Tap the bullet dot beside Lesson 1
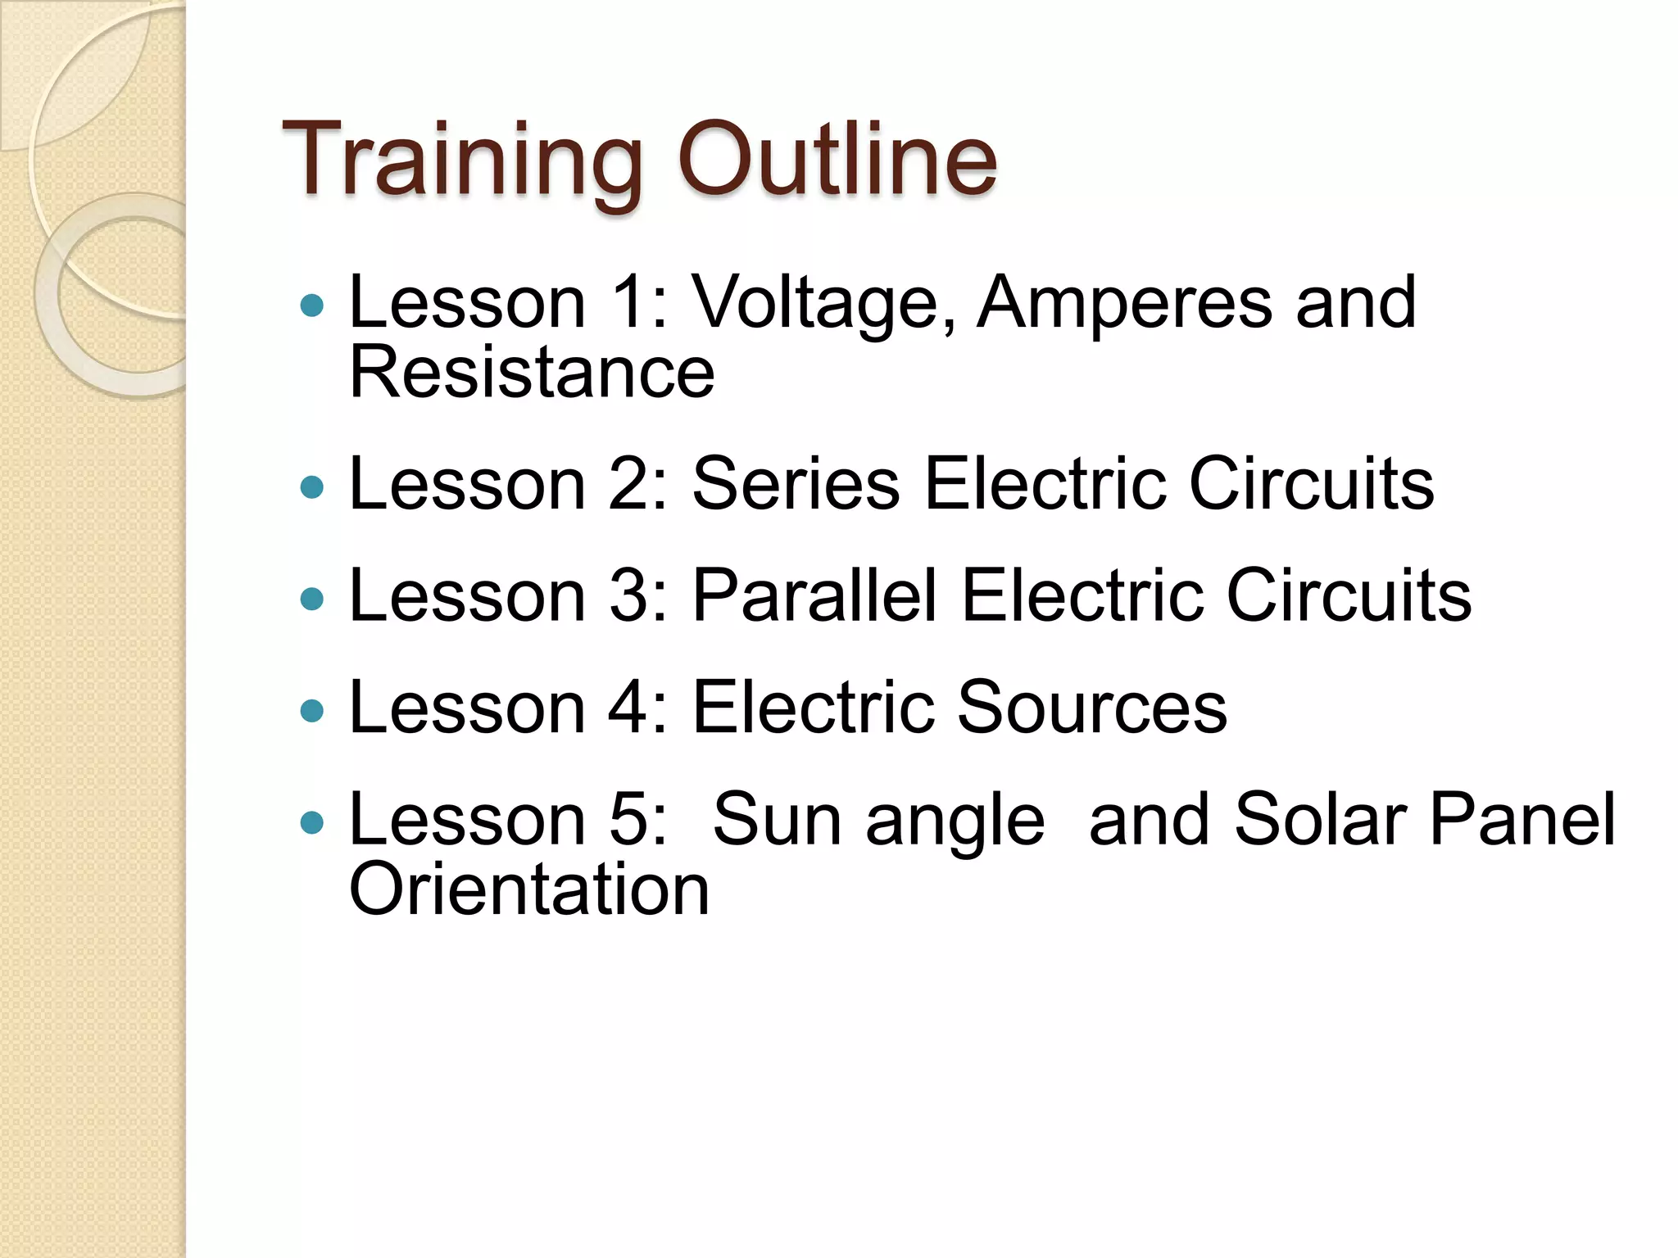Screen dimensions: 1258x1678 coord(312,306)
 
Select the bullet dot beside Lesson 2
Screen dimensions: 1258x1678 coord(312,488)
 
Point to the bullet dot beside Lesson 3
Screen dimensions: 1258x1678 coord(312,600)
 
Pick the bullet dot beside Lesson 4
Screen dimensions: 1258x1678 coord(312,711)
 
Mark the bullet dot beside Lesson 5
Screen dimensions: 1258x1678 coord(312,822)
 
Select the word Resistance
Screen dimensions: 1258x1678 coord(532,373)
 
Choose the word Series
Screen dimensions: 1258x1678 coord(796,484)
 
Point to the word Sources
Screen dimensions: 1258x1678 coord(1091,707)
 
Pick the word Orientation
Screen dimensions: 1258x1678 coord(529,889)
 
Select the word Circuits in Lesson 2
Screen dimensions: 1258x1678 coord(1311,484)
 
